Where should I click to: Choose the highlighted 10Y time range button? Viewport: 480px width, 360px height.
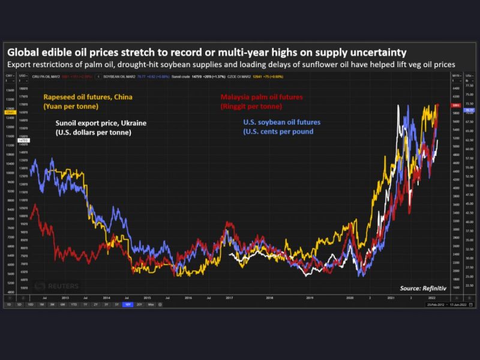pos(127,304)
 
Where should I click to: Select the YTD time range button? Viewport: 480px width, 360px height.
pos(74,304)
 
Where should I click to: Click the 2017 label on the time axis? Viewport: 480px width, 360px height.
pos(229,296)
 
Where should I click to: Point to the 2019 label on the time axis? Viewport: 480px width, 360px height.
pos(310,296)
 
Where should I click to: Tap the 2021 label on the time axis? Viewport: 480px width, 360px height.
pos(391,296)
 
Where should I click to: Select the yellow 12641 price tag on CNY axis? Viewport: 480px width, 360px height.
pos(10,112)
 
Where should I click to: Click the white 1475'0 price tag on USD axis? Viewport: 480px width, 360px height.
pos(23,140)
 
